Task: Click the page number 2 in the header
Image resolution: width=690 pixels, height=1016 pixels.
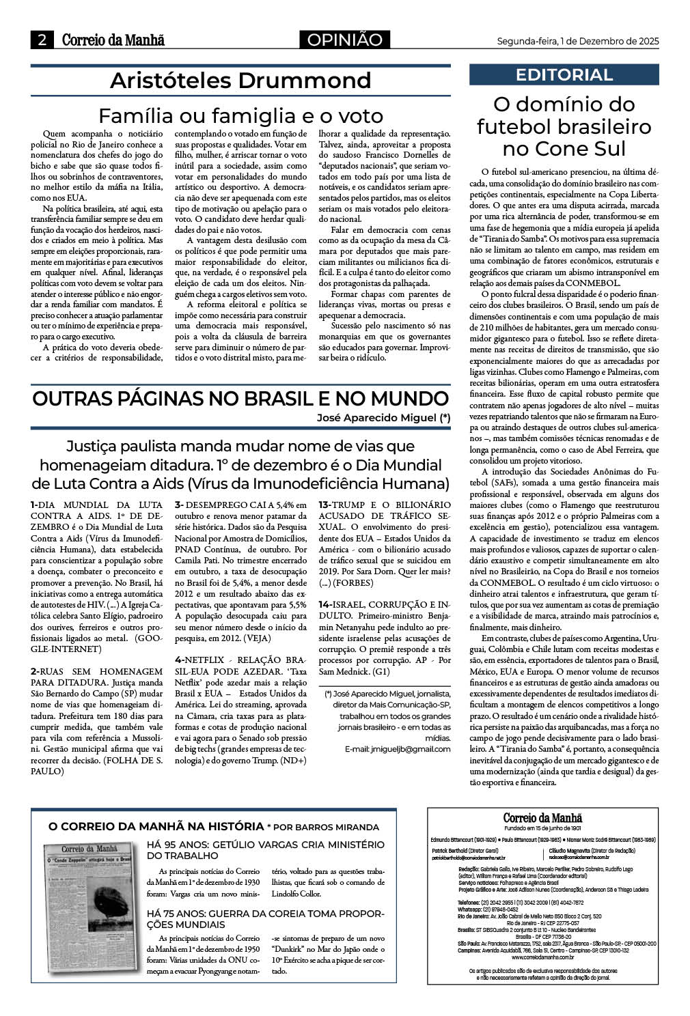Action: tap(42, 40)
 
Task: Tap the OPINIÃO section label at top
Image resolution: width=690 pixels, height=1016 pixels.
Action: tap(344, 40)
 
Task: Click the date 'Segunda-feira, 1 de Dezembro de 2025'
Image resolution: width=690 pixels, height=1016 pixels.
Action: tap(577, 41)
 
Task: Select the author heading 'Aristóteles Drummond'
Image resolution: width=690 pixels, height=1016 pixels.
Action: tap(240, 81)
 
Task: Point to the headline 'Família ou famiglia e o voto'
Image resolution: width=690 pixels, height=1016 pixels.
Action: tap(240, 115)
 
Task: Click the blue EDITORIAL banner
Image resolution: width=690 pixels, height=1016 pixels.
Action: tap(564, 74)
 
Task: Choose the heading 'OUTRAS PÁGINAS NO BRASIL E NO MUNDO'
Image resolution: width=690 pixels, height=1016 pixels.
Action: tap(240, 399)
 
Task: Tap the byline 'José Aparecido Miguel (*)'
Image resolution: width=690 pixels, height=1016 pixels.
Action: tap(383, 418)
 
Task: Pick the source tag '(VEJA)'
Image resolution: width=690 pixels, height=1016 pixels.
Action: tap(258, 638)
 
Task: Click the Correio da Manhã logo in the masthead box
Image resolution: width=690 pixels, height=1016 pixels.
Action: tap(543, 818)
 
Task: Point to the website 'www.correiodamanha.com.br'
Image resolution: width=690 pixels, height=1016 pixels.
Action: tap(543, 957)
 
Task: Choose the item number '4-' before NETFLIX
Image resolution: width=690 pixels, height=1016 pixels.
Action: tap(180, 660)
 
